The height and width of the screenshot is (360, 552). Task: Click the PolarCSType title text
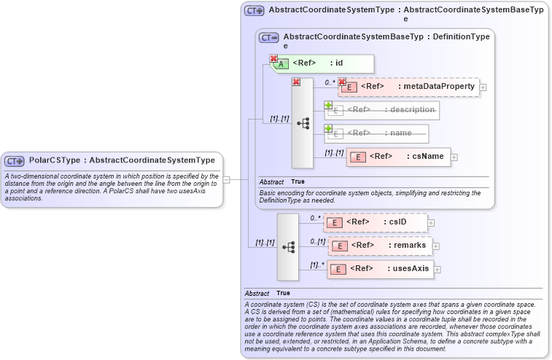(122, 160)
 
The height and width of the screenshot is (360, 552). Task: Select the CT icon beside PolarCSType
(15, 160)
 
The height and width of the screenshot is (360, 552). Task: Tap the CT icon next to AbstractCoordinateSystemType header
(254, 11)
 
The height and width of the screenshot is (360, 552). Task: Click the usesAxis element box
(381, 269)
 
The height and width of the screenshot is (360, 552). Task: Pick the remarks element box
(380, 246)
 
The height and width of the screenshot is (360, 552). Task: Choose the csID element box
(376, 222)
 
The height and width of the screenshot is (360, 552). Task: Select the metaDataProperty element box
(408, 87)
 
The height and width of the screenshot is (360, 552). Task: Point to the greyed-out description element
(382, 110)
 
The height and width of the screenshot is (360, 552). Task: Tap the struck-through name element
(377, 133)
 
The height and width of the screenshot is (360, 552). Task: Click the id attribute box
(322, 63)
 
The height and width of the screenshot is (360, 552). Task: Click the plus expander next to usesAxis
(438, 270)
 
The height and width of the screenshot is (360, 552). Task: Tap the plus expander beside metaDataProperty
(483, 87)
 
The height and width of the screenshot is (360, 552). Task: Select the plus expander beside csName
(454, 157)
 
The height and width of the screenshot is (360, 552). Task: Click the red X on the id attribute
(274, 58)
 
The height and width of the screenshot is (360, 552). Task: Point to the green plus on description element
(328, 105)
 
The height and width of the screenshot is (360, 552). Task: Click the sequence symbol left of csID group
(288, 247)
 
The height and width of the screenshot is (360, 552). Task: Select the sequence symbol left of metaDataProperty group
(303, 123)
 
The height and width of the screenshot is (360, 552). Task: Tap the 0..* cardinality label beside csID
(315, 217)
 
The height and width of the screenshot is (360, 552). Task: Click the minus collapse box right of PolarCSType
(227, 179)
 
